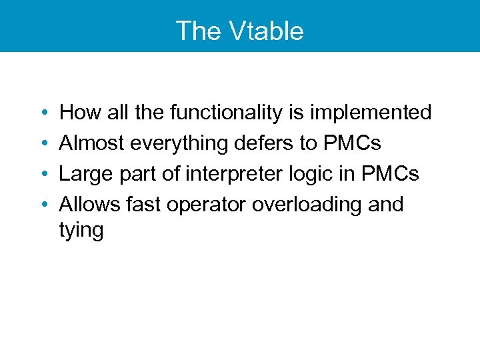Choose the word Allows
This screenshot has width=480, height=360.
coord(89,204)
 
